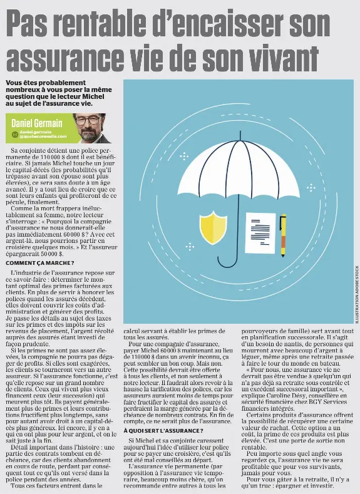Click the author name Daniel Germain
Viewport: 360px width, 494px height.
pyautogui.click(x=37, y=123)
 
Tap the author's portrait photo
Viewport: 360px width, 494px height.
pyautogui.click(x=90, y=128)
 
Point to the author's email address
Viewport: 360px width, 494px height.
pyautogui.click(x=43, y=135)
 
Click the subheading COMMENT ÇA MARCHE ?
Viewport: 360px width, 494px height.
pyautogui.click(x=39, y=262)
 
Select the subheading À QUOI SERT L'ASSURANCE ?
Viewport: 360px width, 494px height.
pyautogui.click(x=163, y=430)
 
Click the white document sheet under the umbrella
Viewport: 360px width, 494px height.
pyautogui.click(x=260, y=232)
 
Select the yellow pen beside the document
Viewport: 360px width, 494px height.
pyautogui.click(x=283, y=235)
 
